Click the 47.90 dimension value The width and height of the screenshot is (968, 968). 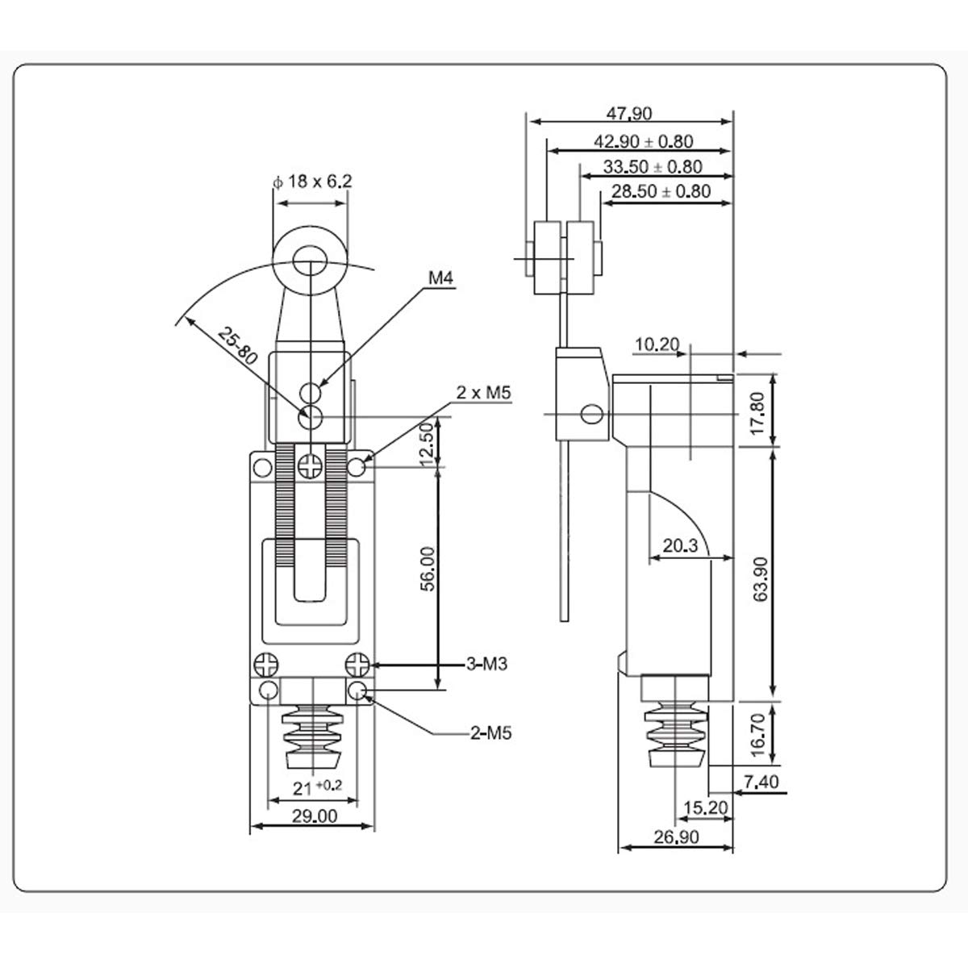[629, 114]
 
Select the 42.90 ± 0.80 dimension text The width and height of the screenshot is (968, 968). [644, 141]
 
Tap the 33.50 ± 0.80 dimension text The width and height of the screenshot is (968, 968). [653, 166]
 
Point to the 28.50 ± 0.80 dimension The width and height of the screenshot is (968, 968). [661, 191]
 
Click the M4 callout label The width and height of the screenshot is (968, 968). [440, 277]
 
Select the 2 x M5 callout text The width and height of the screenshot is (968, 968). [483, 392]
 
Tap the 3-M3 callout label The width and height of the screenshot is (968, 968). [486, 664]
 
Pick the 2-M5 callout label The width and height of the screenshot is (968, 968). [490, 733]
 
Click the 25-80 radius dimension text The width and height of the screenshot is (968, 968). [237, 345]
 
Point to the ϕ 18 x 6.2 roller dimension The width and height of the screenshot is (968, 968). [312, 181]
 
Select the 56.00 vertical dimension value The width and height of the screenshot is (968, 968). [428, 569]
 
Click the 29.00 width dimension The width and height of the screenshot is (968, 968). [315, 816]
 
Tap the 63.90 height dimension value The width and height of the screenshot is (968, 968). [761, 578]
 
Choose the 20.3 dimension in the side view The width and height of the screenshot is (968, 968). [680, 545]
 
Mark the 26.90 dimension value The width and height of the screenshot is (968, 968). [676, 837]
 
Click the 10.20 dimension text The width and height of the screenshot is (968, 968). [657, 344]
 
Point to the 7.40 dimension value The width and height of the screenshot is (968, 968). [761, 782]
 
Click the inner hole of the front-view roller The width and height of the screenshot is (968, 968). [310, 262]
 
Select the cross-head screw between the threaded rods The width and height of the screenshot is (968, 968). [311, 466]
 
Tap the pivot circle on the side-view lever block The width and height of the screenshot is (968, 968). [592, 414]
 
